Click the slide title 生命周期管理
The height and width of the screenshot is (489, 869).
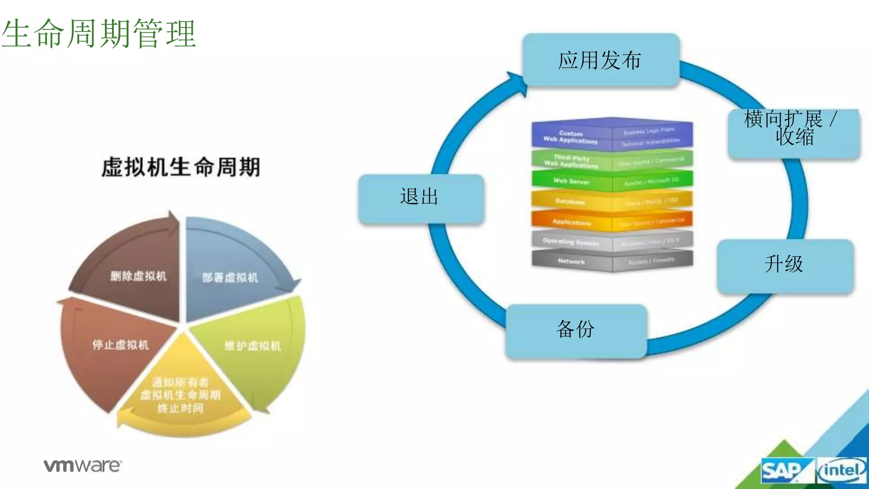click(x=98, y=33)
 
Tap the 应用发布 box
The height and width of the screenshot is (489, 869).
click(x=600, y=60)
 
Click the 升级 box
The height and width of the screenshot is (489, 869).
click(x=784, y=265)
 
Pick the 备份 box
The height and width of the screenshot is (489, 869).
click(x=575, y=330)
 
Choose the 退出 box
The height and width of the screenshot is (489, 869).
click(x=420, y=198)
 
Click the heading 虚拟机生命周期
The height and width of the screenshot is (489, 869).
click(x=181, y=167)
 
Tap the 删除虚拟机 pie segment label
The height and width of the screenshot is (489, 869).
click(x=139, y=276)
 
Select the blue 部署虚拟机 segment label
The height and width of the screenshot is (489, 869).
click(x=230, y=278)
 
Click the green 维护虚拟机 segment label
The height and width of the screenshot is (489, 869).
click(x=252, y=346)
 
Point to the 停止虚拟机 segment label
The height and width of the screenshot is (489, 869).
click(x=121, y=345)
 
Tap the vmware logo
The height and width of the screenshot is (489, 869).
click(x=83, y=466)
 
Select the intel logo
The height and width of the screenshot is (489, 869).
click(x=841, y=470)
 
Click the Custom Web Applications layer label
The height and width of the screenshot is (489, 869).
click(x=571, y=137)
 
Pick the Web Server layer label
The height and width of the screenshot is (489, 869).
click(x=571, y=182)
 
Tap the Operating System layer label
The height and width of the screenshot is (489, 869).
click(x=571, y=242)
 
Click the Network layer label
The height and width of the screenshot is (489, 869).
click(x=571, y=261)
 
